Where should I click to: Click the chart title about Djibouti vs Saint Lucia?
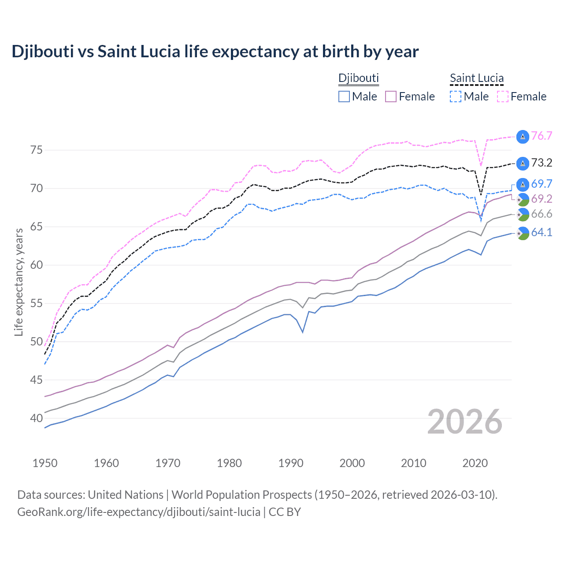(x=215, y=52)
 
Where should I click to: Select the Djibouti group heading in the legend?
(x=358, y=78)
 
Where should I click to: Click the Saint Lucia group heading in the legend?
(x=476, y=78)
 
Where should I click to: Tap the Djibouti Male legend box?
(x=344, y=96)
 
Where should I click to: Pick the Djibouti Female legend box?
(x=391, y=96)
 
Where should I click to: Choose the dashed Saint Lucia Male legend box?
(x=456, y=96)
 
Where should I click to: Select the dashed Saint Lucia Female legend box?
(x=503, y=96)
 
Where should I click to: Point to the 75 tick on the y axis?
(x=37, y=150)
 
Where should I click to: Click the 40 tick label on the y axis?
(x=37, y=418)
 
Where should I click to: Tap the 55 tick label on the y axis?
(x=37, y=304)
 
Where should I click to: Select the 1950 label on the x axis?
(x=45, y=463)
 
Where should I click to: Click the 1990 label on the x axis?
(x=291, y=463)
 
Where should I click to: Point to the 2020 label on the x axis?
(x=475, y=463)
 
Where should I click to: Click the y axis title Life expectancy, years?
(x=19, y=282)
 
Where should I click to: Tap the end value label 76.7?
(x=542, y=136)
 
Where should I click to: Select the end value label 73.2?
(x=542, y=163)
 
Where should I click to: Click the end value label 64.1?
(x=542, y=233)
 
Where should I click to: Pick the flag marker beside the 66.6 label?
(x=523, y=215)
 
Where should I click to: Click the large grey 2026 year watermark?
(x=465, y=422)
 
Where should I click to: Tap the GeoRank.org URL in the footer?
(x=139, y=512)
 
